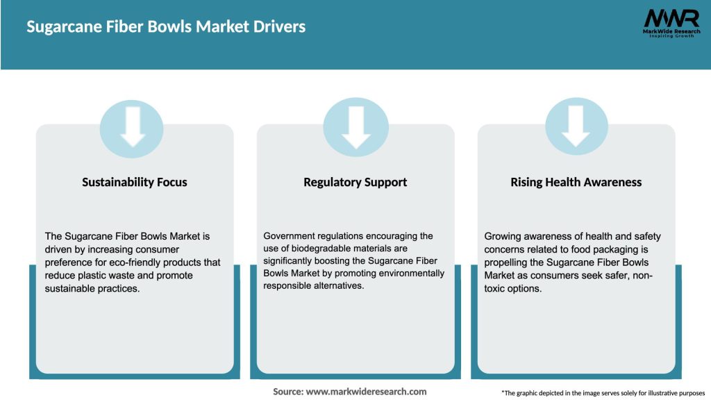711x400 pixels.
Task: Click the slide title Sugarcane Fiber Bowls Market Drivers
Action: (x=166, y=27)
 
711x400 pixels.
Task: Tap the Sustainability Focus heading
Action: (x=135, y=182)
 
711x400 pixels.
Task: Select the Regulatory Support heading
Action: (x=355, y=182)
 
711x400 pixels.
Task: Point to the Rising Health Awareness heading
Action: (x=576, y=182)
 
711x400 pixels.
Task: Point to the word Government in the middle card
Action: (x=289, y=236)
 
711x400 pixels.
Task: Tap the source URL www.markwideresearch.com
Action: (x=366, y=392)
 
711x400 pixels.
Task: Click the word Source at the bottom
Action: (x=287, y=392)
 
